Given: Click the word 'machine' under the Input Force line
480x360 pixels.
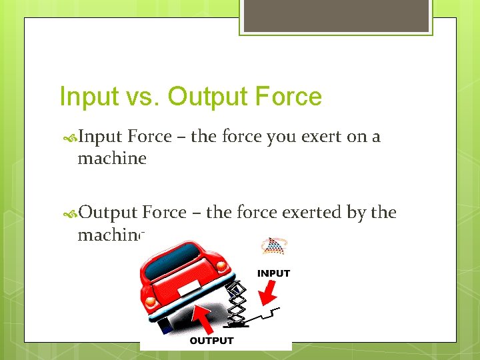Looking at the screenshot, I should pos(111,159).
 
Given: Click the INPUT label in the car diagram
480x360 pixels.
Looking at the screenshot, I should pos(273,273).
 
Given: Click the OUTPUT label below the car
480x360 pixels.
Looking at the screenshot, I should pos(212,341).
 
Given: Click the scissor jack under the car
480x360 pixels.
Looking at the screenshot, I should pos(237,303).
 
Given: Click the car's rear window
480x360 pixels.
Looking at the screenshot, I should pos(173,257).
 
